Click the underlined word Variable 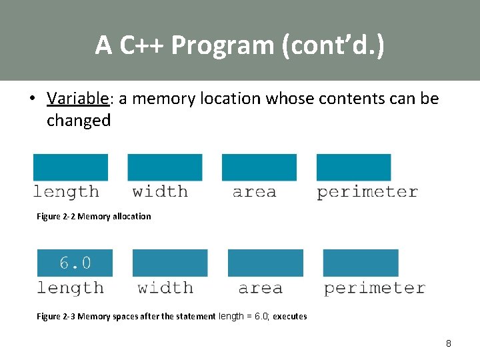pos(77,99)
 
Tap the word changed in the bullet pos(79,121)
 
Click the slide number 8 pos(448,343)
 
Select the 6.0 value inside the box pos(75,263)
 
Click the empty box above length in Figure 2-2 pos(70,167)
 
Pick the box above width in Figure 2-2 pos(165,167)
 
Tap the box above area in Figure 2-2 pos(259,167)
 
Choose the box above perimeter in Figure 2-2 pos(353,167)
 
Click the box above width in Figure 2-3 pos(170,263)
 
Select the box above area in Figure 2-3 pos(265,263)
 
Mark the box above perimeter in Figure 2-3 pos(361,263)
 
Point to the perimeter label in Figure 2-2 pos(367,192)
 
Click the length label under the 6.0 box pos(70,288)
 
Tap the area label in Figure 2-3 pos(260,288)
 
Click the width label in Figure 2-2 pos(160,192)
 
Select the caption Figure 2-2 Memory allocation pos(93,216)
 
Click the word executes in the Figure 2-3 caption pos(290,317)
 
